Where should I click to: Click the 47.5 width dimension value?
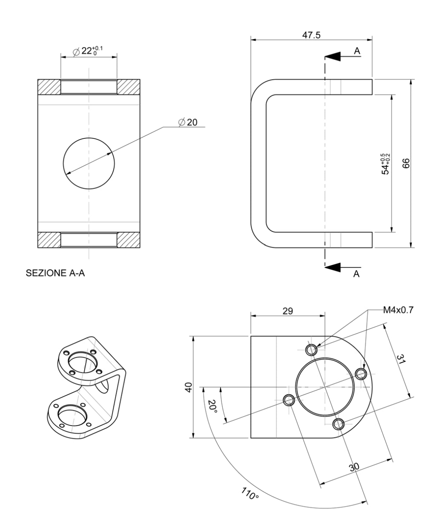[311, 35]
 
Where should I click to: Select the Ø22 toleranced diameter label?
[88, 51]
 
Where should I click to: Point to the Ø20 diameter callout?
[188, 122]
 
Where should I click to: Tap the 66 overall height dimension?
[405, 163]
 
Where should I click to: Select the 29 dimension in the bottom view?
[287, 311]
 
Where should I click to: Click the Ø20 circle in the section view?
[89, 163]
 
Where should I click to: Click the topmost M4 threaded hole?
[312, 349]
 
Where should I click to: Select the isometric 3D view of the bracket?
[86, 387]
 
